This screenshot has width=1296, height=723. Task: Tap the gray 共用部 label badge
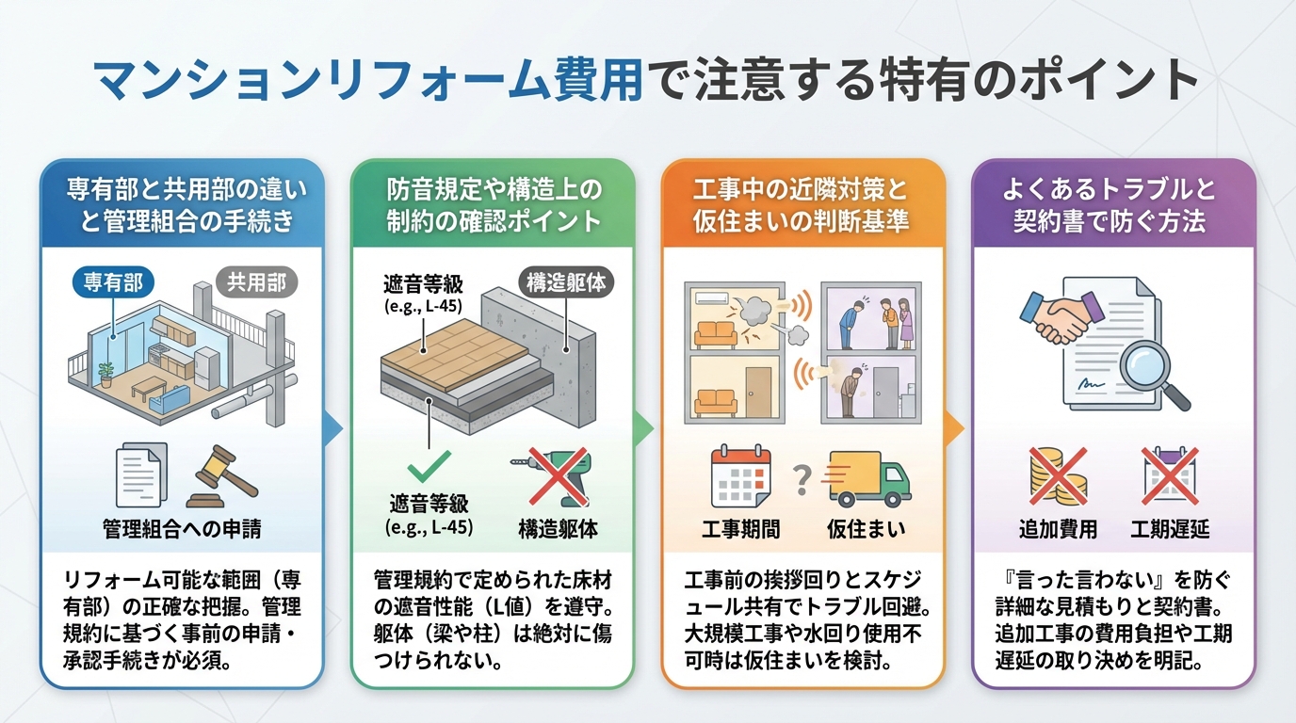[x=256, y=281]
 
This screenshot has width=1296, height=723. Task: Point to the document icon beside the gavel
[x=139, y=476]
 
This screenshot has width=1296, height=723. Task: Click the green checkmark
[x=429, y=464]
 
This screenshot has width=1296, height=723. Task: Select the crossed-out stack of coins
[x=1058, y=475]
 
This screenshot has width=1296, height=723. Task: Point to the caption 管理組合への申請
[x=182, y=529]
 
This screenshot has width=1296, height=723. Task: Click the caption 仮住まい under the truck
[x=867, y=529]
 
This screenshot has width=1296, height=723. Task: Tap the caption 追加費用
[x=1058, y=529]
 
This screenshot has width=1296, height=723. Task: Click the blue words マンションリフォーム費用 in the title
[x=368, y=81]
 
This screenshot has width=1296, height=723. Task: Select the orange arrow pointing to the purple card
[x=954, y=429]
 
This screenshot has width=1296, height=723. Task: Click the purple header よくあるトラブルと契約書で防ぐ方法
[x=1113, y=205]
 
